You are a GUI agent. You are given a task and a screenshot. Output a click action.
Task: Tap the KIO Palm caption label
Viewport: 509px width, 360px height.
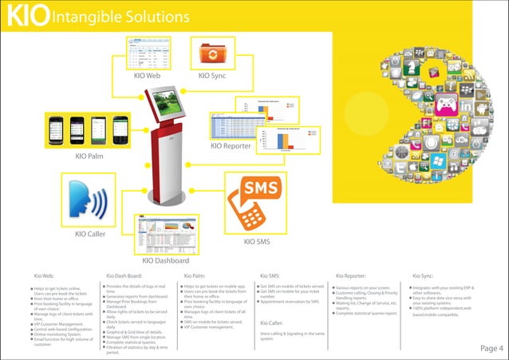pyautogui.click(x=89, y=156)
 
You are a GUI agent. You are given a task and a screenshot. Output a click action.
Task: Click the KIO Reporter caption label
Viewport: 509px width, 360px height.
pyautogui.click(x=231, y=146)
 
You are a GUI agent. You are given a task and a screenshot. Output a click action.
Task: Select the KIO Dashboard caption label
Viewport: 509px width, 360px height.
pyautogui.click(x=164, y=260)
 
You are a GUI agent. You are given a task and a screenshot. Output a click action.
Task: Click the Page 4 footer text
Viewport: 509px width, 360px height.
pyautogui.click(x=491, y=348)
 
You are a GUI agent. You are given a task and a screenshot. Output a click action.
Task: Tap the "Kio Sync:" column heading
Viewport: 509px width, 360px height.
pyautogui.click(x=423, y=275)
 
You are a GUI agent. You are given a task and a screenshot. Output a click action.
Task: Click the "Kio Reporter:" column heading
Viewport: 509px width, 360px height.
pyautogui.click(x=351, y=275)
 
